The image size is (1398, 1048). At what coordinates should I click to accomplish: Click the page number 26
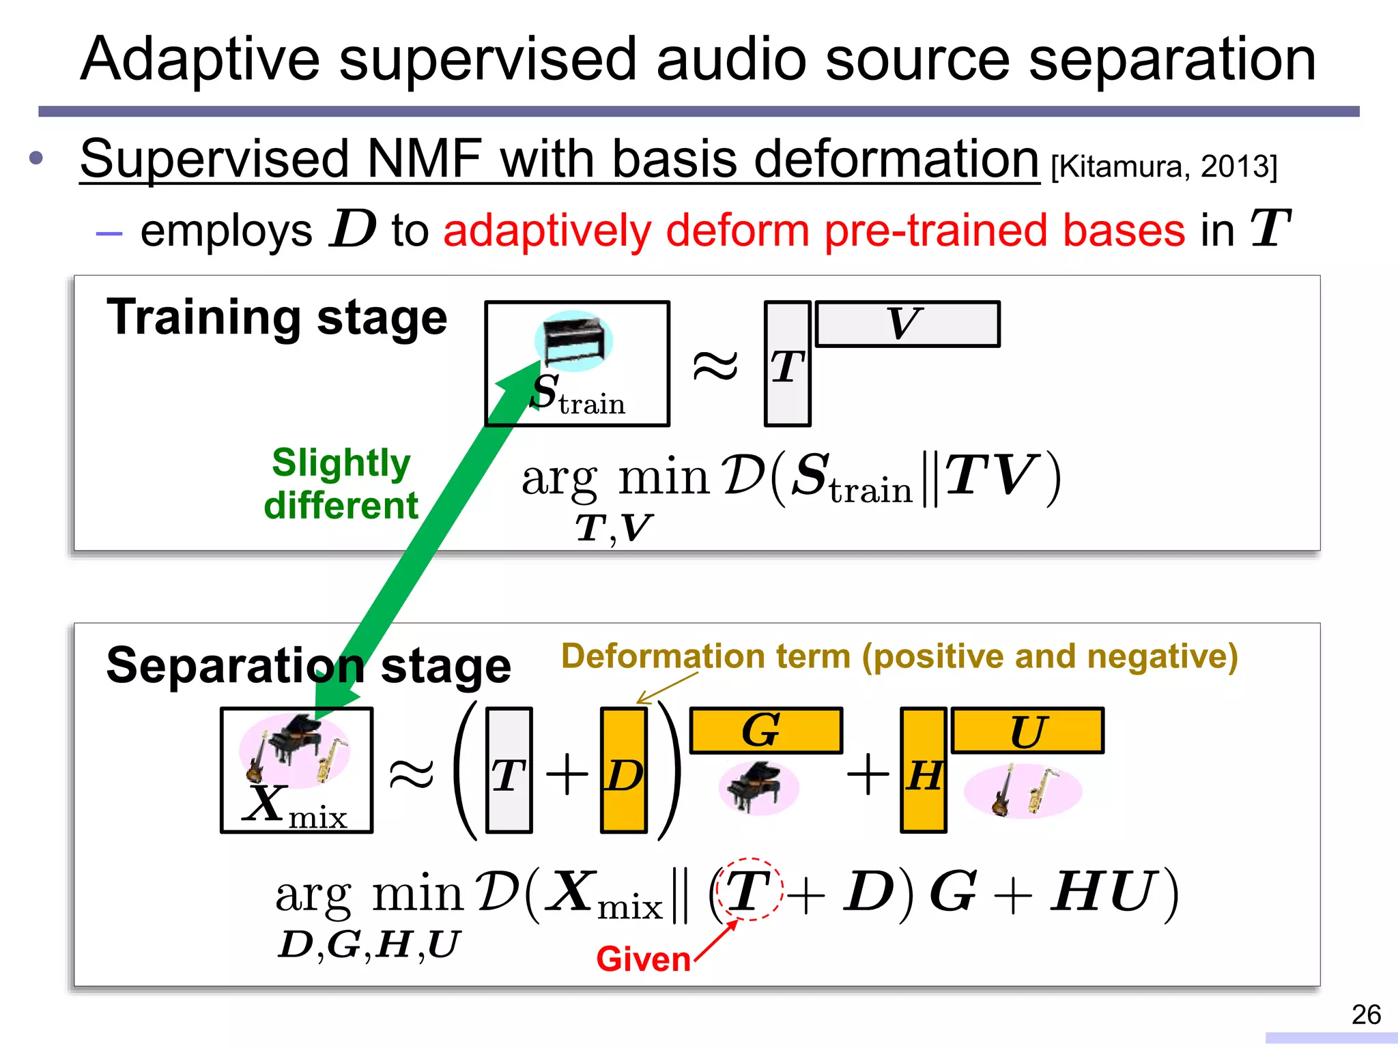click(1366, 1015)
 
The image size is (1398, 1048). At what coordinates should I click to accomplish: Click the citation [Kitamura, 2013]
click(1163, 166)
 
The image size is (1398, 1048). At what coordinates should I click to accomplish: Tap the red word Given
click(643, 959)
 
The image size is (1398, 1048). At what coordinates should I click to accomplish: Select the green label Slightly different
click(341, 484)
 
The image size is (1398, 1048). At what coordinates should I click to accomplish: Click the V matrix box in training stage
click(907, 324)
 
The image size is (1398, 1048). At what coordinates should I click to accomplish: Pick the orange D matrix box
click(624, 770)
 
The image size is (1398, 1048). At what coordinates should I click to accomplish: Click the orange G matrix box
click(766, 731)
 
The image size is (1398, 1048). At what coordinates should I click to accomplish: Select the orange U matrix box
click(1027, 731)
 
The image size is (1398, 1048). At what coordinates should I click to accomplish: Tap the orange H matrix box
click(923, 770)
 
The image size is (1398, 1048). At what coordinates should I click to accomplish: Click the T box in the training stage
click(787, 364)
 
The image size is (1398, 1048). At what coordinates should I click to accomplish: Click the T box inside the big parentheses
click(509, 770)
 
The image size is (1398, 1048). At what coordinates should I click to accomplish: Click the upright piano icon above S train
click(573, 339)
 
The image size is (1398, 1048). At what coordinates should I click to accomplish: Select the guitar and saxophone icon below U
click(1022, 790)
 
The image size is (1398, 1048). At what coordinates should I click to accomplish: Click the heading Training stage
click(276, 318)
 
